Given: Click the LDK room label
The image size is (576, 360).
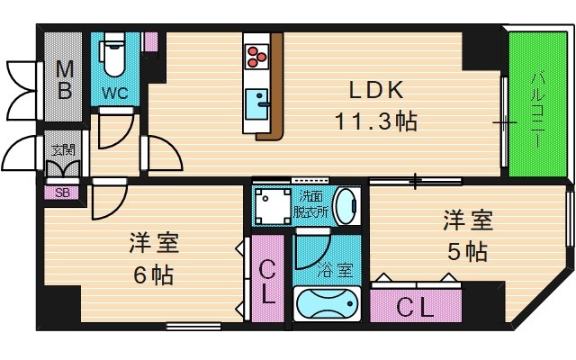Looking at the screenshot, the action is point(376,90).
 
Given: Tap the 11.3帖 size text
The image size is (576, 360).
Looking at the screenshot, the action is point(376,121).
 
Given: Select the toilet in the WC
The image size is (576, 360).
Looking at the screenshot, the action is point(114,54).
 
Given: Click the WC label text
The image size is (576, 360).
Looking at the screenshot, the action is point(115,93).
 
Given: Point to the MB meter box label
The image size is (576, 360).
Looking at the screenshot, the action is point(65,80).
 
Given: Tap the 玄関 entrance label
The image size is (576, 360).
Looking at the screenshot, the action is point(63,150).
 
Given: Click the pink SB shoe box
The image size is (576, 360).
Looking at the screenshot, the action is point(62,193).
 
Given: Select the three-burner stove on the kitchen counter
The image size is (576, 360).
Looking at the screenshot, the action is point(256,57).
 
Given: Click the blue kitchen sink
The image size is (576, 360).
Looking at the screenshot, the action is point(256,104).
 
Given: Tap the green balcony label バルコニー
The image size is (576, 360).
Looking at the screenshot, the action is point(538,110).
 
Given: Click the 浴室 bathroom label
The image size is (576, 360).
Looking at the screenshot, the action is point(335,270).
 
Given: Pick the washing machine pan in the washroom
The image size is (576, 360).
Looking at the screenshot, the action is point(273,206).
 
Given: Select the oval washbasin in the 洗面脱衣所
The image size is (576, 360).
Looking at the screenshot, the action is point(346,206).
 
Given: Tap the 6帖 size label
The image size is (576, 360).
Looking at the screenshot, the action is point(153,274).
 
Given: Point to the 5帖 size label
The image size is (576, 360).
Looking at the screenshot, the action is point(467,252).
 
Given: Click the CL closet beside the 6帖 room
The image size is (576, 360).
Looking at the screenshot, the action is point(268,279).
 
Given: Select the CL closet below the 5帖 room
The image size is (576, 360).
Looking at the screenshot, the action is point(416,306).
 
